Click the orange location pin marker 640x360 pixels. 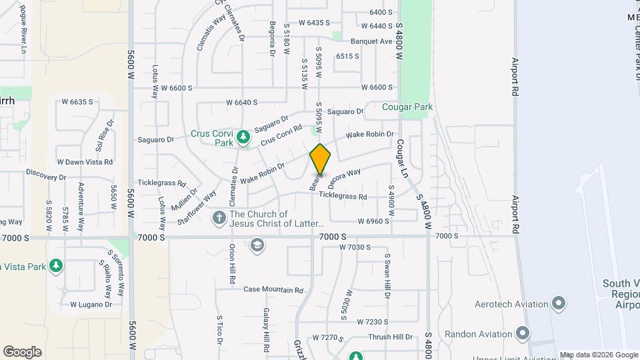point(321,160)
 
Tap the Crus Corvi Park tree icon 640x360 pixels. point(243,137)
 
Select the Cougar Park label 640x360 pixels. point(407,107)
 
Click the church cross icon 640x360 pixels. point(219,218)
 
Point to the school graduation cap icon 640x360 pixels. point(257,247)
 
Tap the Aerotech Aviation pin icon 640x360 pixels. point(559,304)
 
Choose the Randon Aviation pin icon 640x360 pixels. point(522,333)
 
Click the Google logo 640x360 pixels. point(22,352)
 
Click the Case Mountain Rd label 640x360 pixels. point(273,290)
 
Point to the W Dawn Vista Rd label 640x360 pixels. point(85,161)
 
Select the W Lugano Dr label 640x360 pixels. point(91,305)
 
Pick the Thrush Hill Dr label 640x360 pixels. point(391,337)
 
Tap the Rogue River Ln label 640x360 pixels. point(23,29)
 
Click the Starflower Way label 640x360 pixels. point(201,205)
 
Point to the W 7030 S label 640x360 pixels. point(354,247)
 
